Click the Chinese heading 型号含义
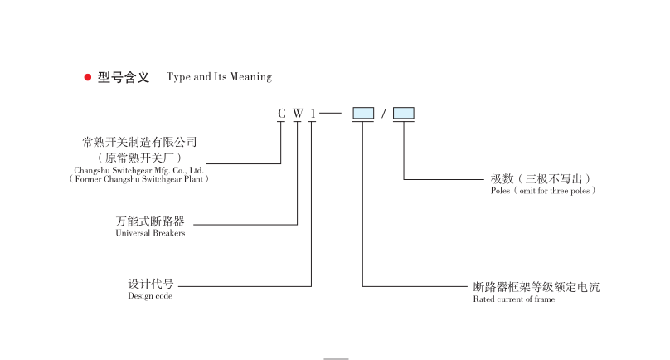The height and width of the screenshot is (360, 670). pyautogui.click(x=124, y=77)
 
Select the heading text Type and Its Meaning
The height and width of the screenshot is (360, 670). pyautogui.click(x=219, y=77)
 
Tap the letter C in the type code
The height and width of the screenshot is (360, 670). pyautogui.click(x=282, y=113)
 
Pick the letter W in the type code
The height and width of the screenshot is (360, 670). pyautogui.click(x=297, y=113)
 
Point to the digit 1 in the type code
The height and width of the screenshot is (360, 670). pyautogui.click(x=312, y=113)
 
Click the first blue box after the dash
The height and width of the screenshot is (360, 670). pyautogui.click(x=363, y=113)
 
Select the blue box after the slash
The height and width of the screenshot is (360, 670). pyautogui.click(x=404, y=113)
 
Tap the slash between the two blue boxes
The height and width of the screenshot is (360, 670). pyautogui.click(x=384, y=114)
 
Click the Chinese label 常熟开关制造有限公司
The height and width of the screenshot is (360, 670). pyautogui.click(x=140, y=143)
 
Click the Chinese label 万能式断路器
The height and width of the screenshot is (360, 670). pyautogui.click(x=150, y=222)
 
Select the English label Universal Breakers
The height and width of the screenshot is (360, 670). pyautogui.click(x=150, y=234)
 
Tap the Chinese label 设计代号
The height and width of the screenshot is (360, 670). pyautogui.click(x=150, y=284)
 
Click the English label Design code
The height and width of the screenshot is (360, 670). pyautogui.click(x=150, y=296)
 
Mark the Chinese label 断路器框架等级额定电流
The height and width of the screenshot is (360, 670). pyautogui.click(x=536, y=287)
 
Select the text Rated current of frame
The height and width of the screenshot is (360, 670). pyautogui.click(x=514, y=299)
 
